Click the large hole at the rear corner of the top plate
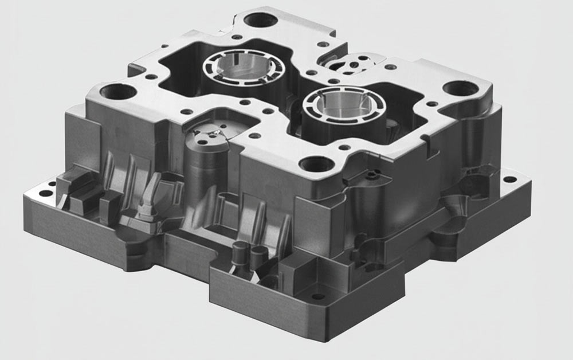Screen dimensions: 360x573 coord(261,19)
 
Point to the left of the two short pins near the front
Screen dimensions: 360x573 coord(240,251)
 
